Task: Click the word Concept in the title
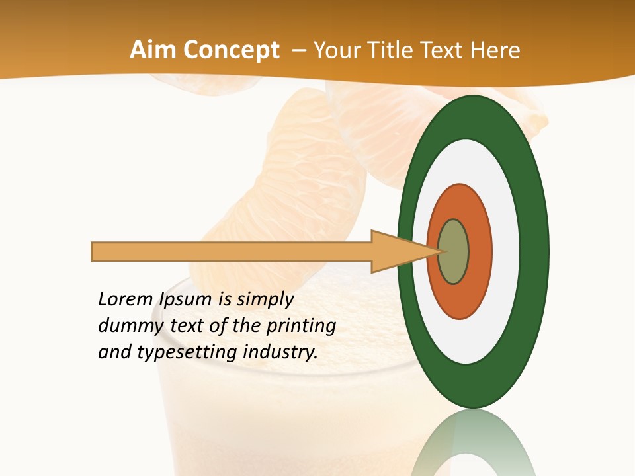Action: tap(232, 51)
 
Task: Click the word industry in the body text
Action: tap(280, 352)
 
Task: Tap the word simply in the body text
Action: tap(265, 300)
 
